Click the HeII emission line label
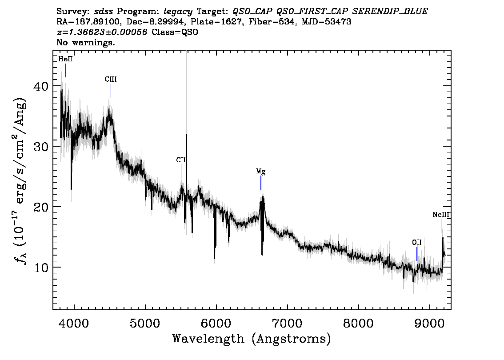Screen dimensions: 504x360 pyautogui.click(x=65, y=59)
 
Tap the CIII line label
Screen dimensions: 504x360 pyautogui.click(x=111, y=80)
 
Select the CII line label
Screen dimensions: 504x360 pyautogui.click(x=180, y=160)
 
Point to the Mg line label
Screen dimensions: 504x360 pyautogui.click(x=261, y=171)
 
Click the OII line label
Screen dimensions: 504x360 pyautogui.click(x=416, y=242)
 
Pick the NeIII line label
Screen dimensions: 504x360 pyautogui.click(x=441, y=215)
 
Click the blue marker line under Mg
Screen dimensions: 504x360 pyautogui.click(x=261, y=183)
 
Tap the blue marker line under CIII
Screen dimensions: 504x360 pyautogui.click(x=111, y=91)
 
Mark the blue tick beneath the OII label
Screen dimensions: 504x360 pyautogui.click(x=417, y=254)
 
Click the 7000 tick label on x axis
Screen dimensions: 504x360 pyautogui.click(x=287, y=323)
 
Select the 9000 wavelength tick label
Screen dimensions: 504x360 pyautogui.click(x=429, y=323)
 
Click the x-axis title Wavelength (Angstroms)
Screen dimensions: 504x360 pyautogui.click(x=252, y=339)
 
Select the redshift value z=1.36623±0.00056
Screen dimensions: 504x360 pyautogui.click(x=102, y=32)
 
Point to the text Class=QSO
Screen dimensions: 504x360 pyautogui.click(x=175, y=32)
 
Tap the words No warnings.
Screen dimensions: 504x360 pyautogui.click(x=85, y=42)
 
